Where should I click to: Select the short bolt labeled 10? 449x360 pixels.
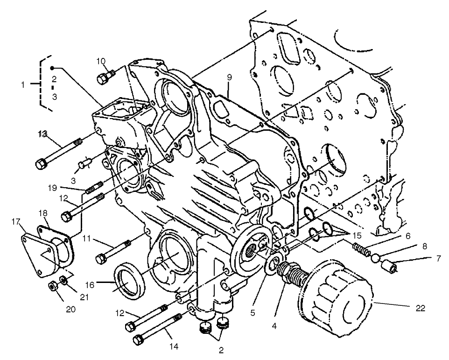pyautogui.click(x=105, y=77)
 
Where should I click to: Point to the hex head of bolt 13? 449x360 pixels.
pyautogui.click(x=41, y=164)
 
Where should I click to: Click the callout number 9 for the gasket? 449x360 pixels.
pyautogui.click(x=230, y=77)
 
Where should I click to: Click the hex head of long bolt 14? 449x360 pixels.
pyautogui.click(x=139, y=339)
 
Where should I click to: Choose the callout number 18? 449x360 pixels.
pyautogui.click(x=43, y=213)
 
